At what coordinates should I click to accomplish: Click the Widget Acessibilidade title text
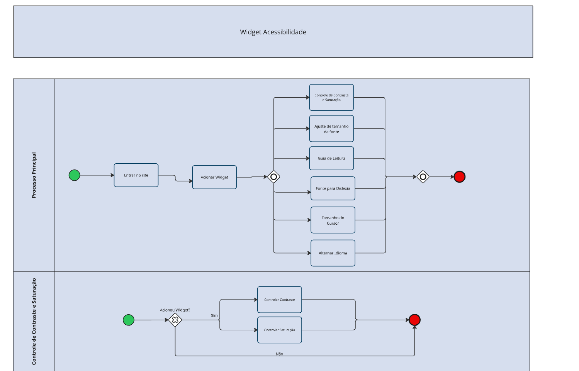[x=273, y=32]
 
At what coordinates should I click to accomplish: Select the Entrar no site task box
[x=136, y=175]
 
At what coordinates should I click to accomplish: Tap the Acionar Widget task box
[x=214, y=177]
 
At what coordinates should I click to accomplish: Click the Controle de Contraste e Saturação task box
[x=331, y=97]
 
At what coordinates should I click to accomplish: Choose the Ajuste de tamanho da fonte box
[x=331, y=129]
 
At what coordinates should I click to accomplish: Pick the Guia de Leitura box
[x=331, y=158]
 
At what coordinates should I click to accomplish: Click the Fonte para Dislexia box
[x=333, y=188]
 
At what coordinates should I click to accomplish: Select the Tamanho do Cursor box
[x=333, y=220]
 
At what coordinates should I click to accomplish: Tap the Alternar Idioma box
[x=333, y=253]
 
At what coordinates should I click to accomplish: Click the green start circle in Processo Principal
[x=74, y=175]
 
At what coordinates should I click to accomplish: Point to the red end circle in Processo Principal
[x=459, y=177]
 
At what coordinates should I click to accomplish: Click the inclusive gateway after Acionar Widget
[x=273, y=177]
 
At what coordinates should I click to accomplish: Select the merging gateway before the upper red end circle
[x=423, y=177]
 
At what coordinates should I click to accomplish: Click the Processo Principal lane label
[x=34, y=175]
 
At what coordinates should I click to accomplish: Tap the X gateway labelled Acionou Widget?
[x=175, y=320]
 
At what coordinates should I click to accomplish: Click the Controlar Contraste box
[x=279, y=300]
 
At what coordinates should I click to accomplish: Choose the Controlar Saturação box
[x=279, y=330]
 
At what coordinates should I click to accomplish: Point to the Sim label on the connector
[x=214, y=315]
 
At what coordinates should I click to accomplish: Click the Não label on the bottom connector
[x=279, y=354]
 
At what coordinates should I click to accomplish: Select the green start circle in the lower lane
[x=128, y=320]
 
